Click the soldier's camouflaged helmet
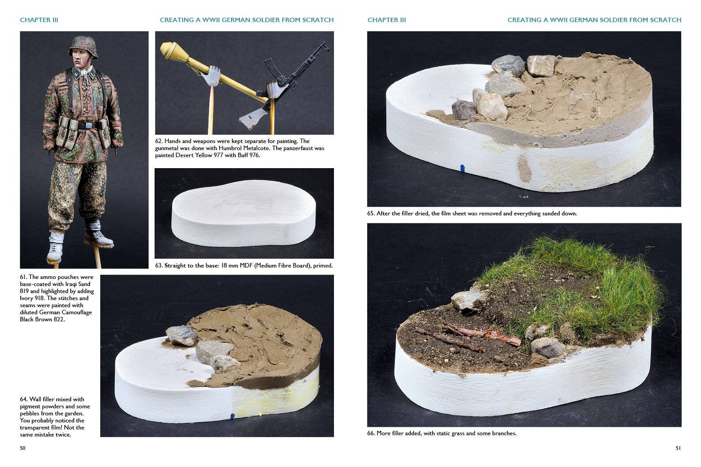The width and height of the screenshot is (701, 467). (83, 46)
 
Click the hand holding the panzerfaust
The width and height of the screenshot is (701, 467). (212, 75)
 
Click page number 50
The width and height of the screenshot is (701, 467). (23, 448)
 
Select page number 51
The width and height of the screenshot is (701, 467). (678, 448)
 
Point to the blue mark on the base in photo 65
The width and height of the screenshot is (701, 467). (462, 168)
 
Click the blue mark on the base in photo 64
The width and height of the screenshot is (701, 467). (232, 416)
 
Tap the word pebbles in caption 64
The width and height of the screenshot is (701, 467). (30, 414)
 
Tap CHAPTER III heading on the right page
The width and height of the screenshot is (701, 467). (386, 20)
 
